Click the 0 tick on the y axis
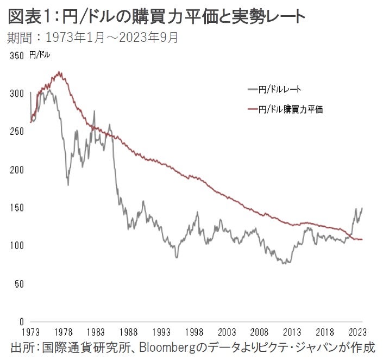(21, 321)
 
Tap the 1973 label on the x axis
(31, 331)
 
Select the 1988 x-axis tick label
(129, 331)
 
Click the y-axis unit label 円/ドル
(40, 55)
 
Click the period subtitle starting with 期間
(92, 38)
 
